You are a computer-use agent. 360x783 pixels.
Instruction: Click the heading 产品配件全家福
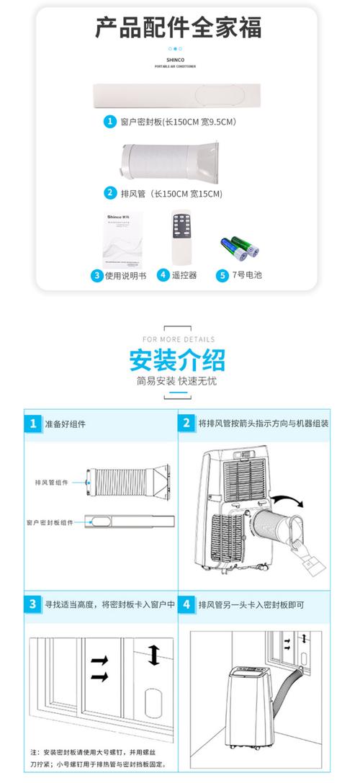(x=179, y=28)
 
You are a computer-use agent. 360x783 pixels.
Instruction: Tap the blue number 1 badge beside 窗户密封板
(x=109, y=122)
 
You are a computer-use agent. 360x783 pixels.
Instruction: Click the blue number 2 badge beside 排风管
(x=109, y=192)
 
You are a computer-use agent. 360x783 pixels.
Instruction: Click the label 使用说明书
(x=125, y=275)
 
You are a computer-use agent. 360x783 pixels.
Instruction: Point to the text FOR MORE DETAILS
(x=179, y=339)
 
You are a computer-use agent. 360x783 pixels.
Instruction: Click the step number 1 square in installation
(x=32, y=424)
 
